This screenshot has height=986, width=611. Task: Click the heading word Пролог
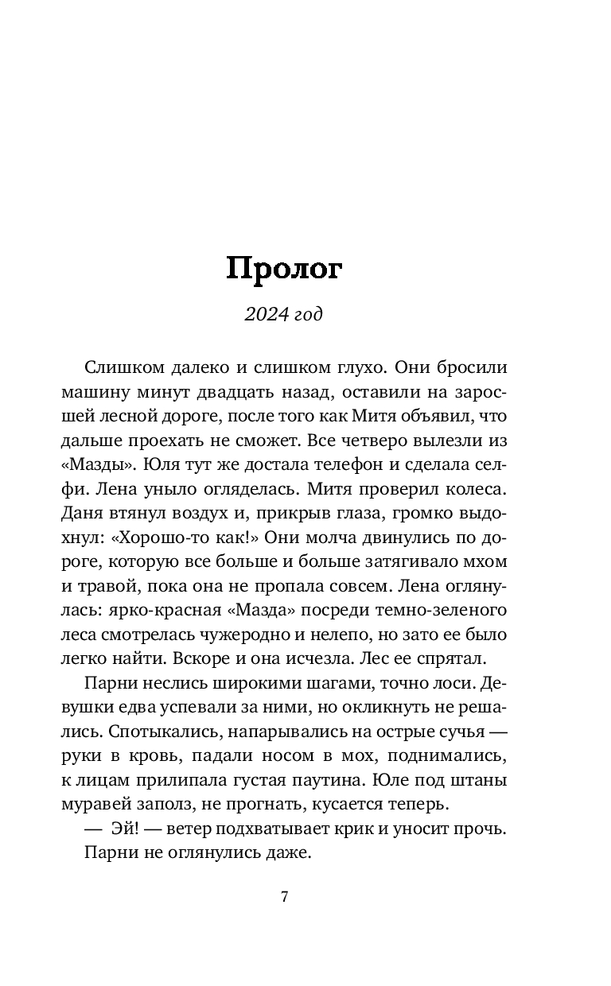click(x=284, y=269)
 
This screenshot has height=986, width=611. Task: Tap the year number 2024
click(x=265, y=314)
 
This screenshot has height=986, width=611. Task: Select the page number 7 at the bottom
click(x=284, y=898)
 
